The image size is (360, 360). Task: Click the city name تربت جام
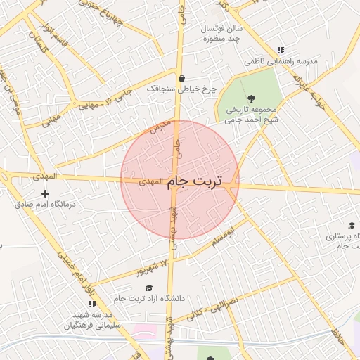coord(194,181)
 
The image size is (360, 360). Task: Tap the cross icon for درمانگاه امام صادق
coord(46,193)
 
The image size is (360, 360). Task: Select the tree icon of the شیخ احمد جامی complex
coord(251,97)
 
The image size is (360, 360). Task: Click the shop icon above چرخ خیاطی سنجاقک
coord(182,78)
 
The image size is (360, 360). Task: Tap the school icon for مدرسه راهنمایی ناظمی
coord(281,50)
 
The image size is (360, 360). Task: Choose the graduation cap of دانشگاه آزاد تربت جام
coord(149,288)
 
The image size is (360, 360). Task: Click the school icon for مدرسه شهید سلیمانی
coord(92,304)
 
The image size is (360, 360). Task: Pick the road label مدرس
coord(160,126)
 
